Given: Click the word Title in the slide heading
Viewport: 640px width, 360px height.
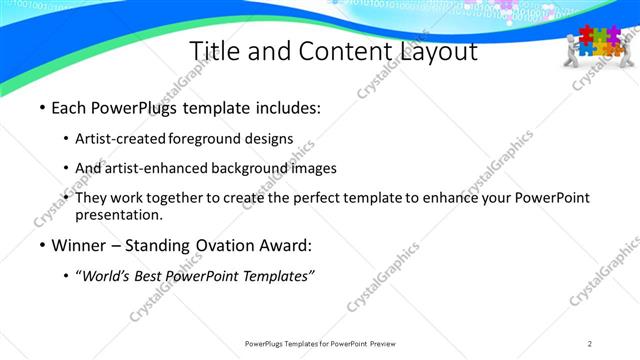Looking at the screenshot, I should (211, 51).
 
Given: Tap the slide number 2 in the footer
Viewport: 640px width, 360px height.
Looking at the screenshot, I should (590, 344).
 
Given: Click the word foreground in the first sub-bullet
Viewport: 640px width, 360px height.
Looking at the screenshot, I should (206, 139).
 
